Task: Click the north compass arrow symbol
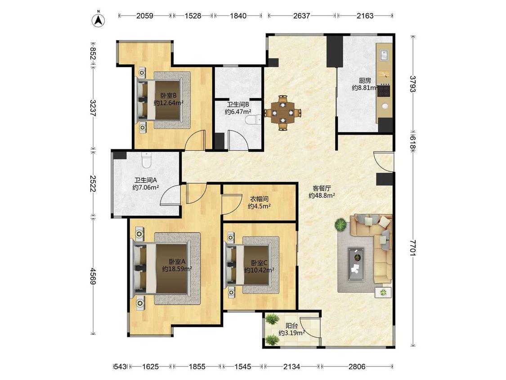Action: pos(99,20)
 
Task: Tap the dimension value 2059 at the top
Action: pos(144,15)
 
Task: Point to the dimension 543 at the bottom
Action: pos(120,366)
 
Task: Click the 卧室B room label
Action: pos(169,95)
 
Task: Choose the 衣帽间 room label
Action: pos(260,199)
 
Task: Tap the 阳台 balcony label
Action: pos(292,326)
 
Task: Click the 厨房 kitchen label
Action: pos(365,81)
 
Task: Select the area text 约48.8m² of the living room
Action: pos(322,195)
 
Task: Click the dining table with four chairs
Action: pos(283,113)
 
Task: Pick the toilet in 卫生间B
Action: pos(253,120)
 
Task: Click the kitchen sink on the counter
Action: pos(385,55)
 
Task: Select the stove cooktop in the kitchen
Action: pos(384,91)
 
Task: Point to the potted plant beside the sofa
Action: pos(340,225)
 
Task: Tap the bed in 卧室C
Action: pos(252,265)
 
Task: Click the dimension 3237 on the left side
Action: pos(93,108)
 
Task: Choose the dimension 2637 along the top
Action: pos(302,15)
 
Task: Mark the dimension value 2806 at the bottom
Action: pos(357,366)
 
